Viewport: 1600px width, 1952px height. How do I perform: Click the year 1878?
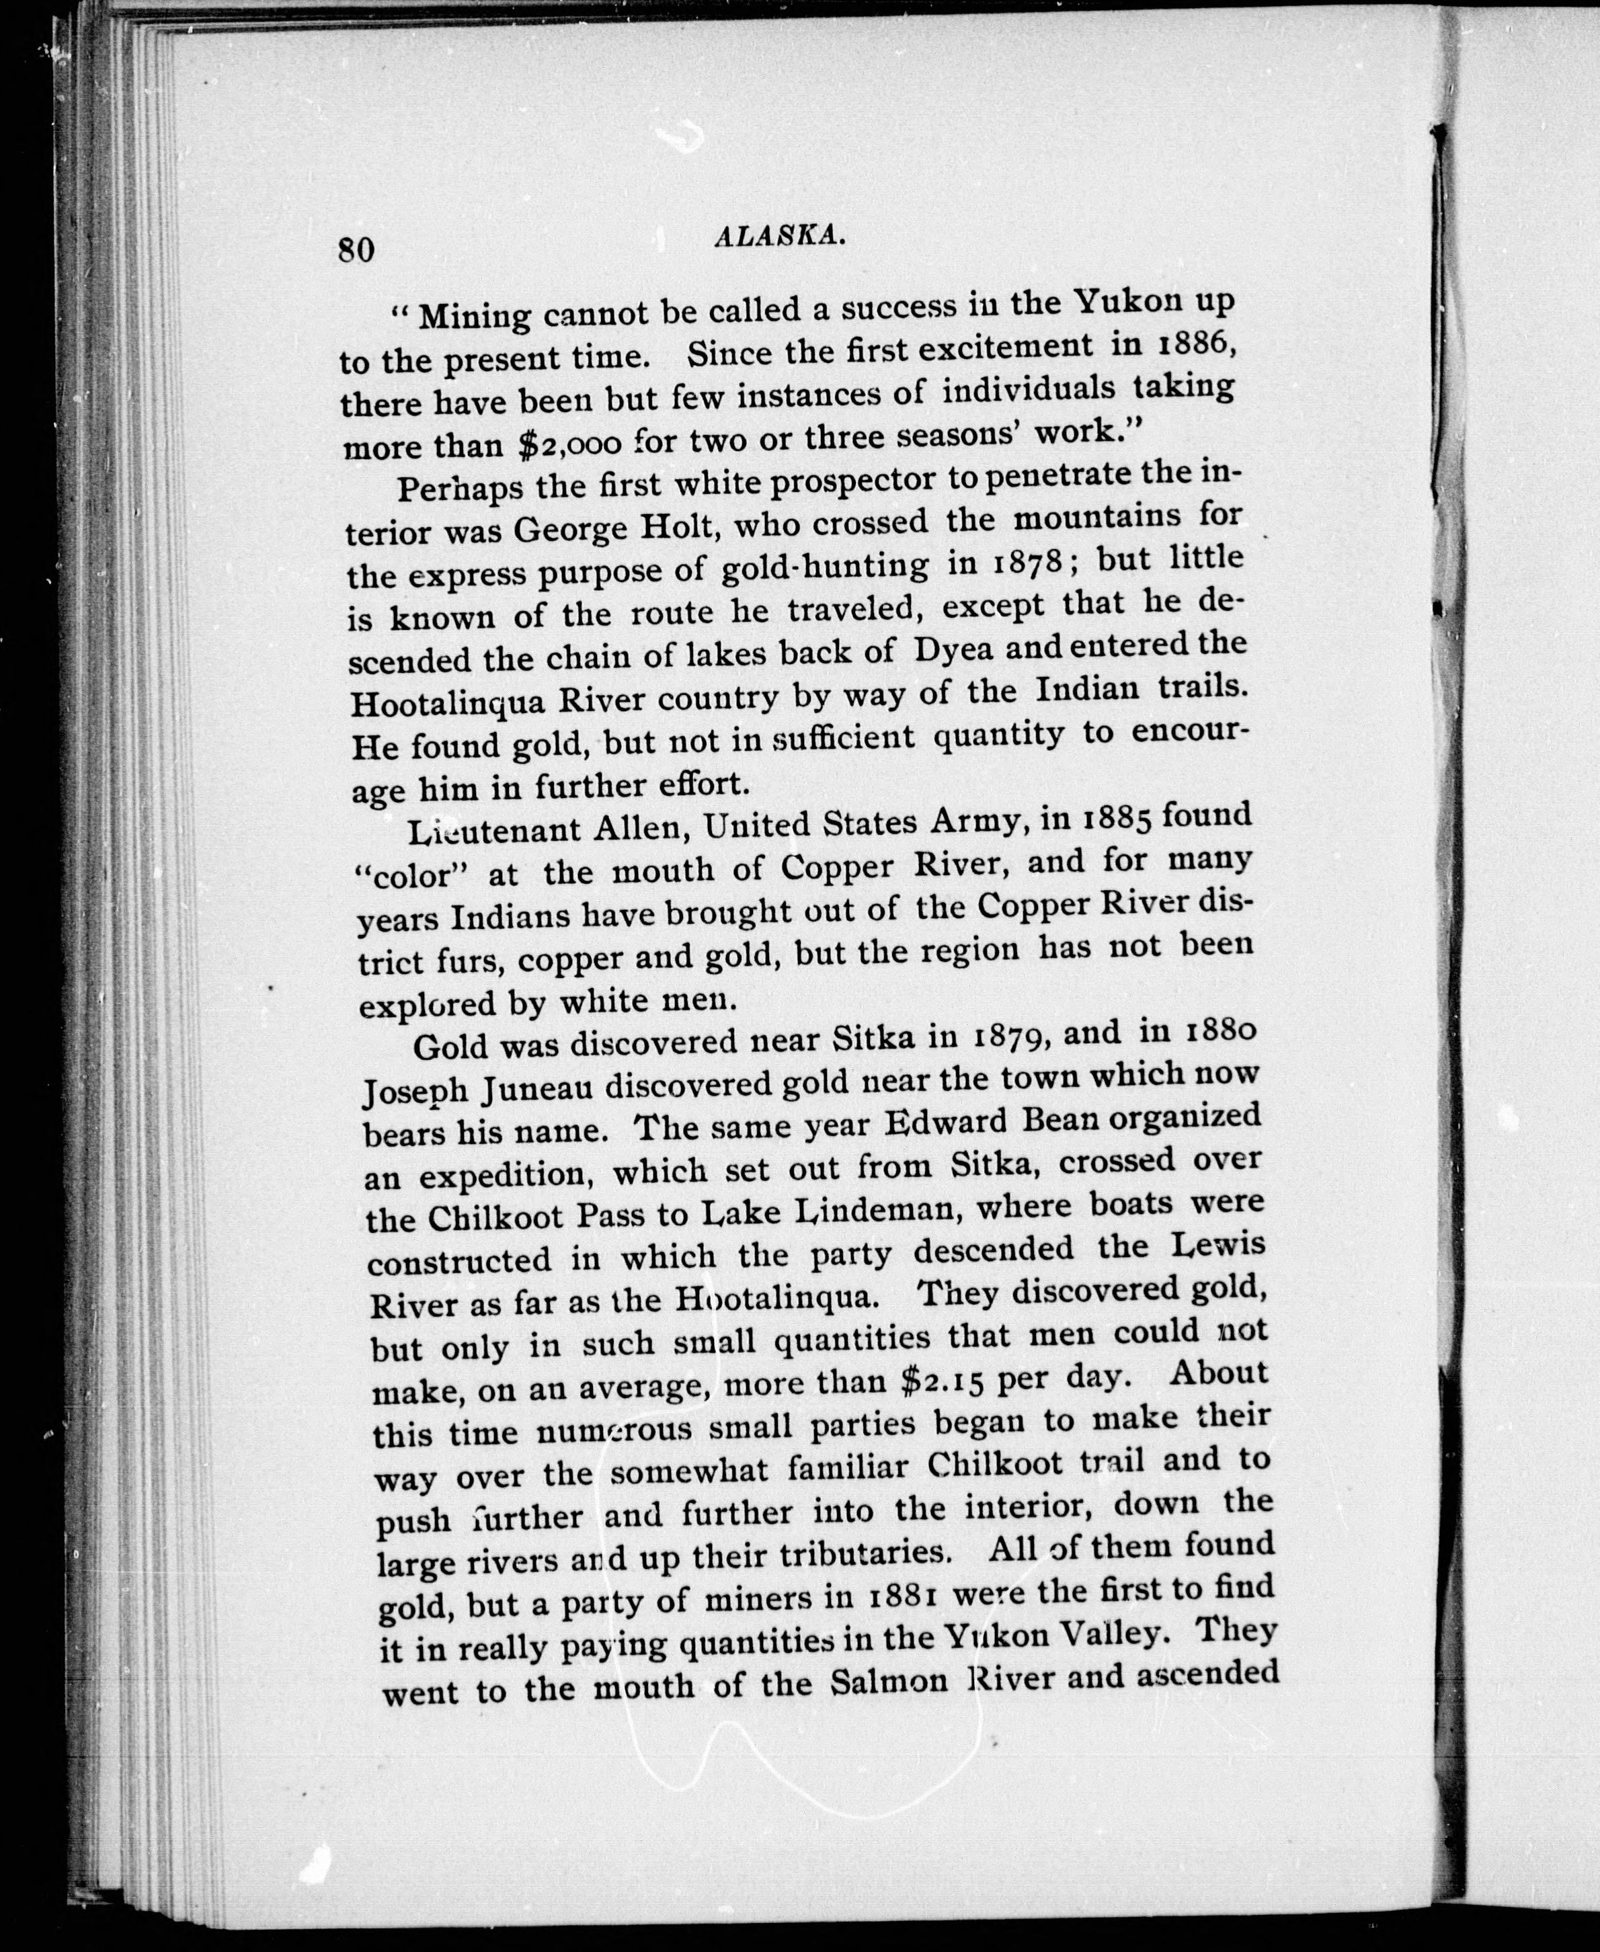[1012, 563]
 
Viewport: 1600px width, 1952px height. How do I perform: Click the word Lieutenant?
[494, 831]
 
